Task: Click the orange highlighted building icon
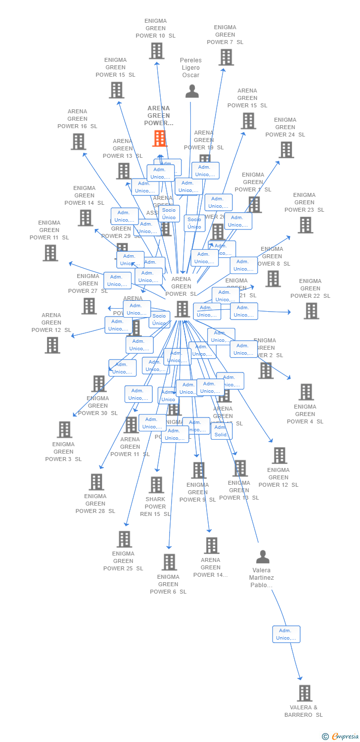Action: tap(160, 139)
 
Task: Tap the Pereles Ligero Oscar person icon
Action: tap(192, 91)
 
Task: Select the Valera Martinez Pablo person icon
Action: tap(263, 556)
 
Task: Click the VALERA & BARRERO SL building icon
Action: tap(305, 693)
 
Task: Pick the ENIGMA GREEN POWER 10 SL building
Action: tap(156, 50)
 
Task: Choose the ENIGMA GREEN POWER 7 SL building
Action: tap(226, 57)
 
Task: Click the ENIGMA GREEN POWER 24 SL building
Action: tap(286, 149)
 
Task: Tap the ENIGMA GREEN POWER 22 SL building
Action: tap(311, 311)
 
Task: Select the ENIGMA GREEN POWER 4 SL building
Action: tap(306, 392)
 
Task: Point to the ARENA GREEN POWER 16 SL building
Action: tap(78, 141)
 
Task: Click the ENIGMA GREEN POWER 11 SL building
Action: tap(50, 253)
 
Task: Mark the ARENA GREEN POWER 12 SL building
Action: tap(52, 345)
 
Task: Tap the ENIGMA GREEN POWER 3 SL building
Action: tap(64, 429)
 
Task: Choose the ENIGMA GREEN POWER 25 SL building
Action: tap(124, 539)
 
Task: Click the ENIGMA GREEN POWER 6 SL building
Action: tap(169, 562)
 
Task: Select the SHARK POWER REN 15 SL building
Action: tap(156, 485)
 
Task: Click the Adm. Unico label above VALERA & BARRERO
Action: tap(286, 634)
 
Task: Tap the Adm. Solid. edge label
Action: tap(221, 431)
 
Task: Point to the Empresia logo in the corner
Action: tap(341, 737)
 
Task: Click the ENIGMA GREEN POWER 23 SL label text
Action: tap(304, 202)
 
